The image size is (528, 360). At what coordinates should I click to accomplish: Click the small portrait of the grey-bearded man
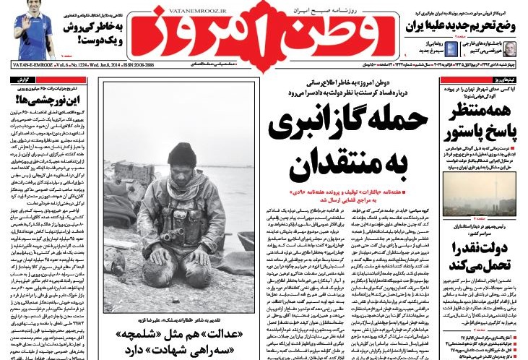[x=511, y=48]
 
